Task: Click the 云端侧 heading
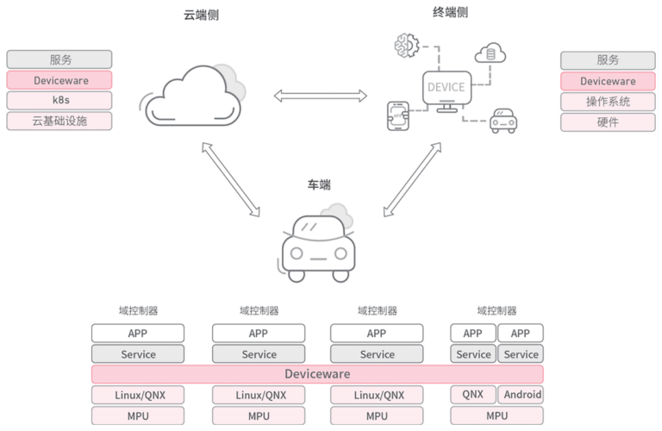tap(201, 15)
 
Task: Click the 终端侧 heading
tap(449, 12)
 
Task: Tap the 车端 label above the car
tap(319, 184)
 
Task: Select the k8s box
tap(59, 100)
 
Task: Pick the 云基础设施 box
tap(59, 121)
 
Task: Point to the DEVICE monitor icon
tap(447, 89)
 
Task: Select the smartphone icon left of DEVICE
tap(399, 116)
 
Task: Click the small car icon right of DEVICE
tap(502, 122)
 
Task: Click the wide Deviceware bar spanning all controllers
tap(317, 374)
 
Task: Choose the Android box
tap(521, 395)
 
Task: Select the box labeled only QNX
tap(472, 395)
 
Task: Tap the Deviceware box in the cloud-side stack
tap(59, 80)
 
